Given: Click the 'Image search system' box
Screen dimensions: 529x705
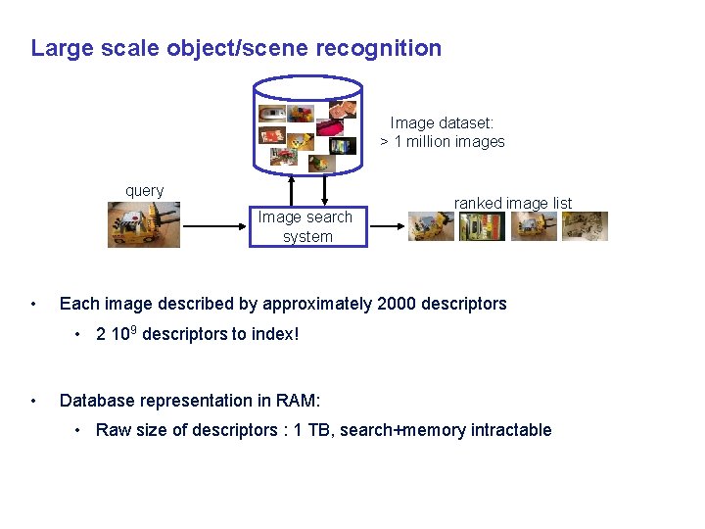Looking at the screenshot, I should click(307, 226).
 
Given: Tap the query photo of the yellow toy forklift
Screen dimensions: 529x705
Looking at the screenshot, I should click(144, 224).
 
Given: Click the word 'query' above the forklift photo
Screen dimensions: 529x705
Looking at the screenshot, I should click(145, 191).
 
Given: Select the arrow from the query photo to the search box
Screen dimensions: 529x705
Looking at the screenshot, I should click(214, 226).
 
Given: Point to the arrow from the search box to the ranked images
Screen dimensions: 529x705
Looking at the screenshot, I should click(386, 226).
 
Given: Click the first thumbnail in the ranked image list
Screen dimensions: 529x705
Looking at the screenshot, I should click(432, 226).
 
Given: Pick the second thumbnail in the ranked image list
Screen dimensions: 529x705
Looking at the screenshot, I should click(482, 226).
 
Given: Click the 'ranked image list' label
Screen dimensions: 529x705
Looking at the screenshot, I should click(513, 203).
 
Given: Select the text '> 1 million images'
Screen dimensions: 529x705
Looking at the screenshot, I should click(443, 142).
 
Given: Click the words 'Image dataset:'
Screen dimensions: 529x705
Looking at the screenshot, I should click(442, 123).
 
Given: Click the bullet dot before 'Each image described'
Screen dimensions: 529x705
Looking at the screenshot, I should click(35, 304).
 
